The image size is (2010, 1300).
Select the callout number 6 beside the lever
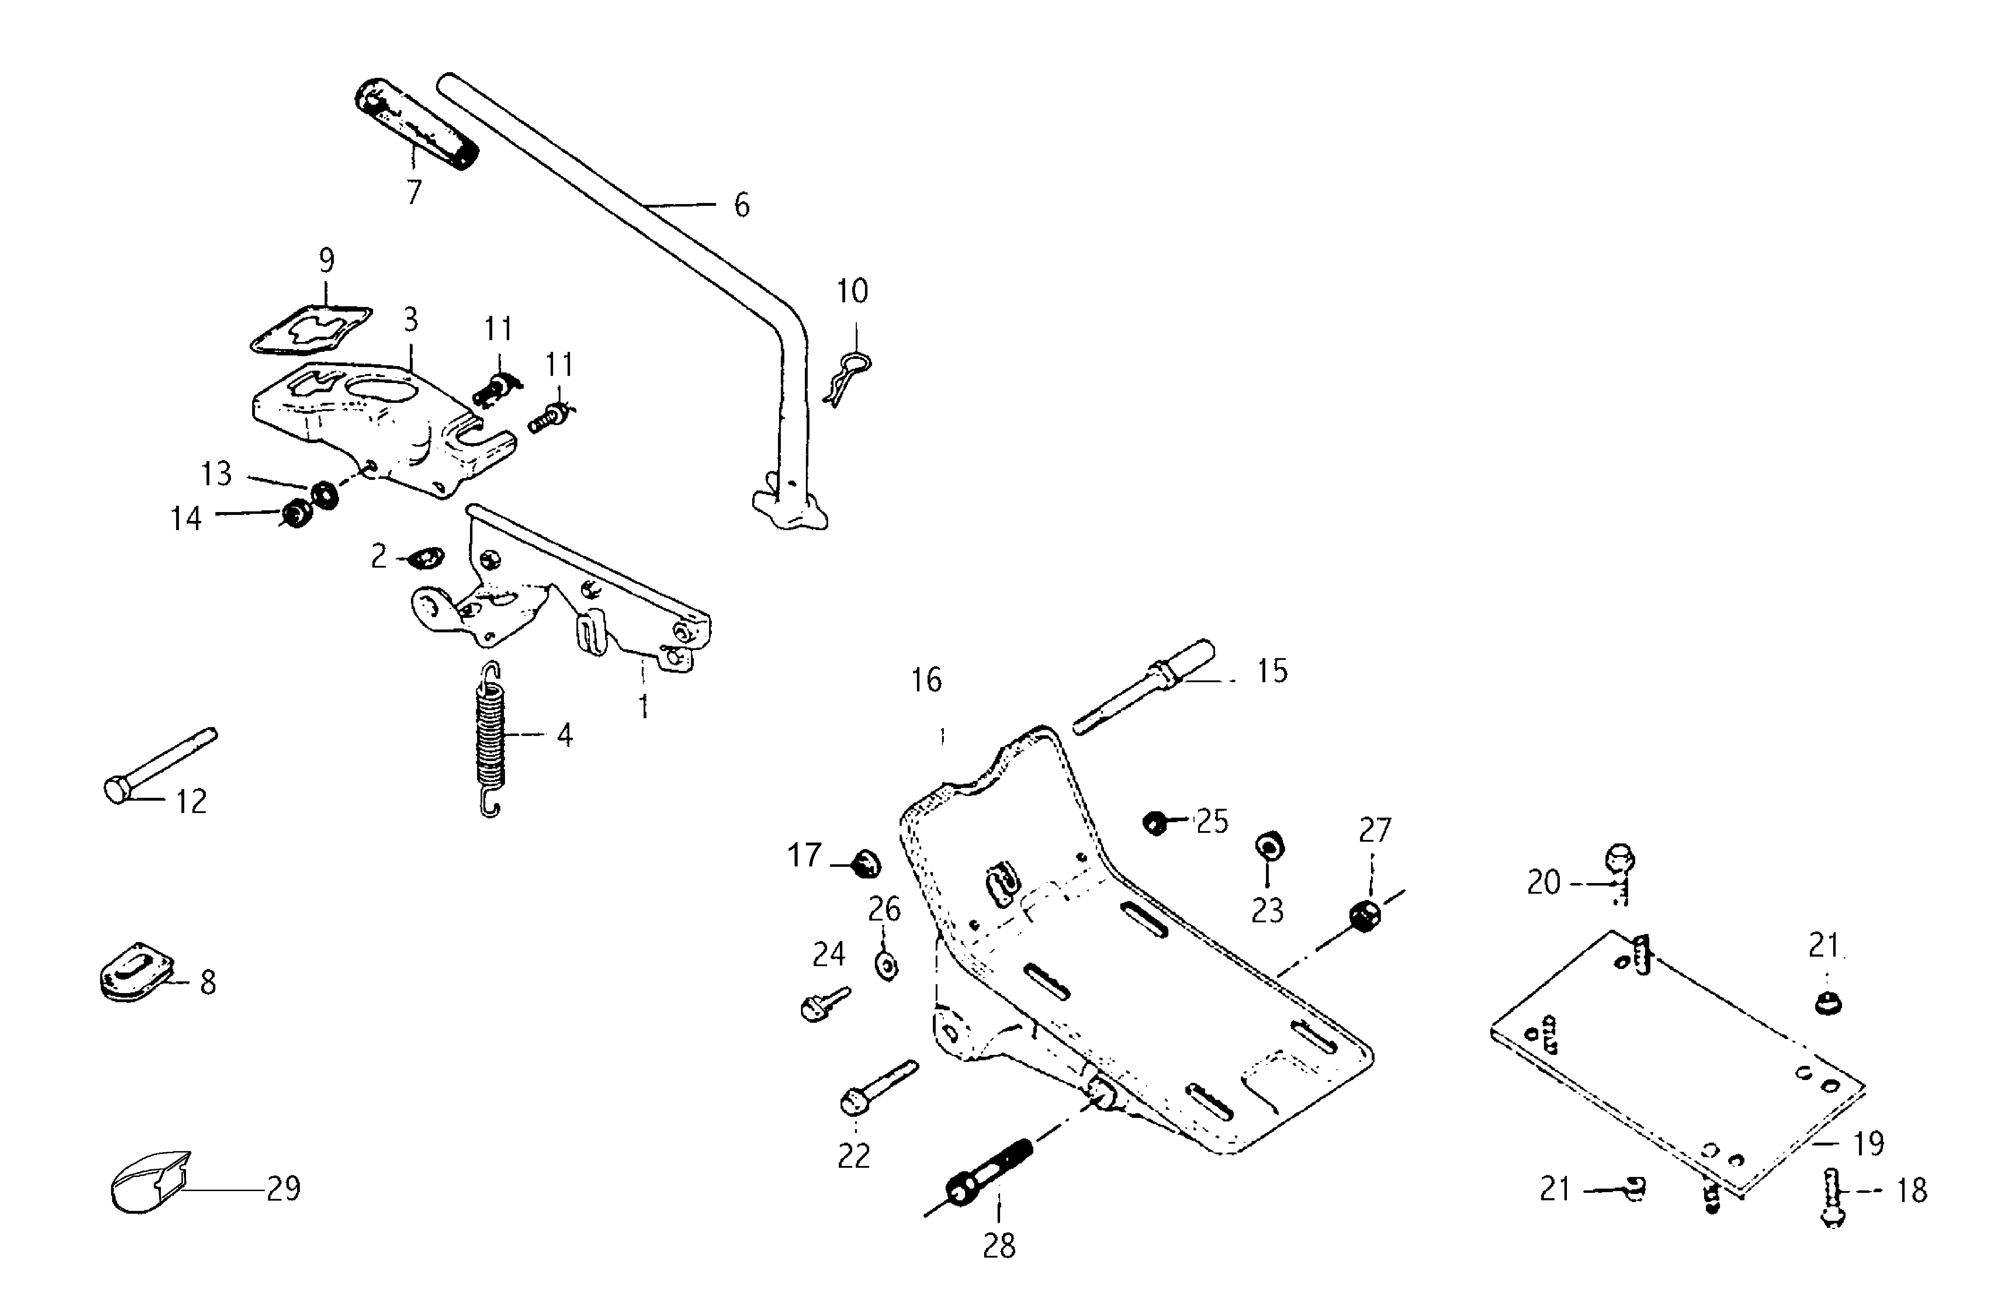[741, 205]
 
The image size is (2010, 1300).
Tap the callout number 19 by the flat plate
[1868, 1144]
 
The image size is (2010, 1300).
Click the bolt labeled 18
[1832, 1197]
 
